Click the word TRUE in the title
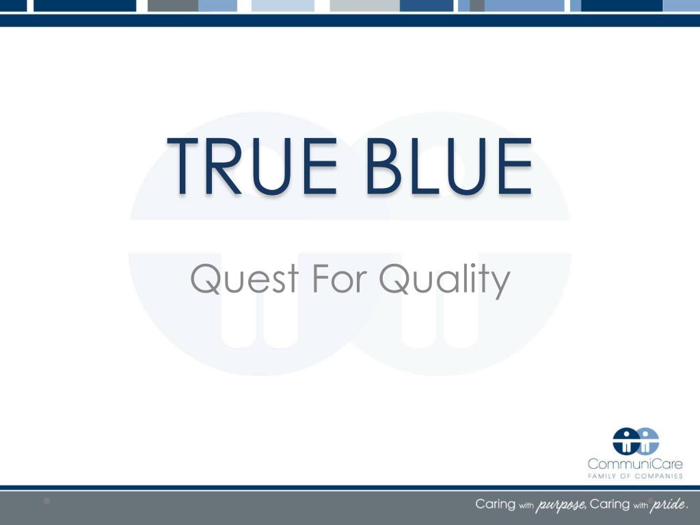coord(252,166)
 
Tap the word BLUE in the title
coord(449,166)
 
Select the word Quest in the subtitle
coord(245,279)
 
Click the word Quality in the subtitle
coord(444,280)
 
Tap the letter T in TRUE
coord(182,166)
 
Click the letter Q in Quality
coord(394,279)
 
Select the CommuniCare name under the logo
coord(635,464)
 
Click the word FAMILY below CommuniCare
coord(602,476)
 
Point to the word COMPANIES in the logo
coord(659,476)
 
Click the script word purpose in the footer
coord(561,505)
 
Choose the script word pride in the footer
coord(668,505)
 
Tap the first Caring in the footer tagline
coord(495,504)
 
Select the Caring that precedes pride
coord(609,504)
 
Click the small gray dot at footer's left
coord(47,501)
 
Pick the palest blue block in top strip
coord(283,5)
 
